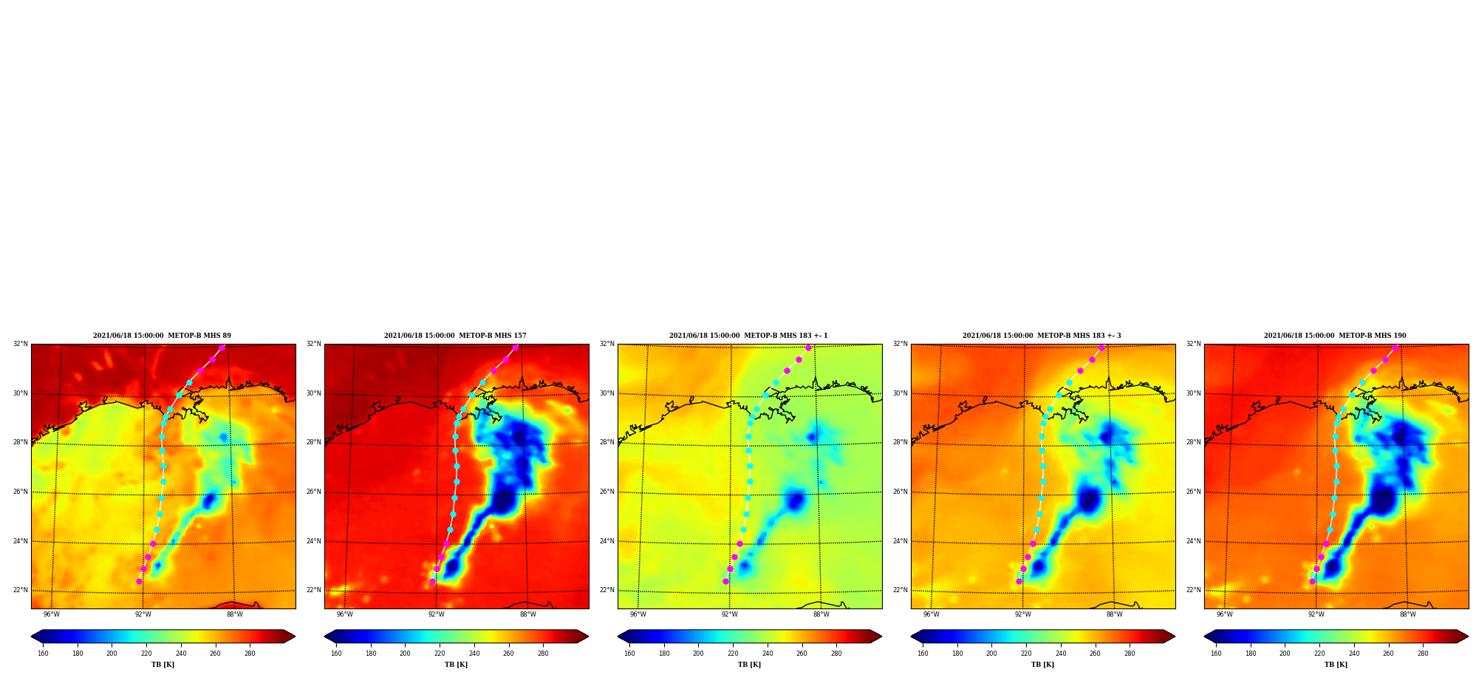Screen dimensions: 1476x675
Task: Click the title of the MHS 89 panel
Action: coord(162,336)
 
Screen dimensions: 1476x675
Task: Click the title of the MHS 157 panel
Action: coord(455,336)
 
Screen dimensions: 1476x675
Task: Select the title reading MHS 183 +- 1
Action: coord(748,336)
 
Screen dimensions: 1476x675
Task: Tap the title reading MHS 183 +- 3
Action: coord(1042,336)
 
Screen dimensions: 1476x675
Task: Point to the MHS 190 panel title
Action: coord(1335,336)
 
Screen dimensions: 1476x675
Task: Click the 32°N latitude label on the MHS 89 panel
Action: coord(21,344)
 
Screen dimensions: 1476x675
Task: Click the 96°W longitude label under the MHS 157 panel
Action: coord(345,614)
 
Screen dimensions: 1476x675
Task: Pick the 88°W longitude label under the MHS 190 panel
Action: coord(1408,614)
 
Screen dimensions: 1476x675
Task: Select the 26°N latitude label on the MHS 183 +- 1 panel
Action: coord(607,492)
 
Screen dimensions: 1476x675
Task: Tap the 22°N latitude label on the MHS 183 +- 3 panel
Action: coord(901,590)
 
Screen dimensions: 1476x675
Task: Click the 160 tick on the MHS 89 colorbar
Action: coord(43,654)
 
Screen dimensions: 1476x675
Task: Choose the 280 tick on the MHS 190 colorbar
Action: coord(1423,654)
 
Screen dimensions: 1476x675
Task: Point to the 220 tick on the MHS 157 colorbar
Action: coord(440,654)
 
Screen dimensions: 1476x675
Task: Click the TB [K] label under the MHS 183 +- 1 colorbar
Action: coord(749,665)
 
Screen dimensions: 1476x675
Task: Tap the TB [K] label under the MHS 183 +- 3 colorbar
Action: coord(1042,665)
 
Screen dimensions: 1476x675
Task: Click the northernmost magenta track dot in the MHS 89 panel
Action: coord(222,347)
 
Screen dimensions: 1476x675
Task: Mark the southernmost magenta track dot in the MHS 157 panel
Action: coord(432,581)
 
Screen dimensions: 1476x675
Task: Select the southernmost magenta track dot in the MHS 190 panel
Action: coord(1312,581)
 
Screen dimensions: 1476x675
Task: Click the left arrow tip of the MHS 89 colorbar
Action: coord(31,637)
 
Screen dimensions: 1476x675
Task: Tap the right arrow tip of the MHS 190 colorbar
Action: coord(1468,637)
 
